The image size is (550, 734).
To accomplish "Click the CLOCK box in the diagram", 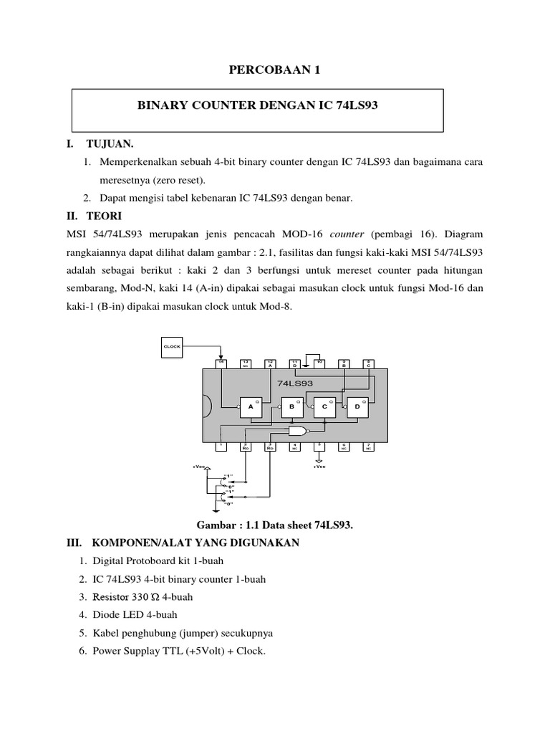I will tap(172, 345).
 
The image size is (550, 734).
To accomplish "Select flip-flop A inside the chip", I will tap(251, 407).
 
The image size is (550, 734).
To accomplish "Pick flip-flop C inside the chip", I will tap(324, 407).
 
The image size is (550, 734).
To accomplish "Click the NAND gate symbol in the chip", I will tap(296, 430).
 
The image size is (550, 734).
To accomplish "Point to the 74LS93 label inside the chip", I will tap(295, 383).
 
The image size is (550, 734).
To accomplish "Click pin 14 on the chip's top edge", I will tap(221, 363).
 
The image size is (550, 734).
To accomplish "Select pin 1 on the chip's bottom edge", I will tap(221, 446).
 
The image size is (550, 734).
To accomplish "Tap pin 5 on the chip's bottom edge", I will tap(319, 446).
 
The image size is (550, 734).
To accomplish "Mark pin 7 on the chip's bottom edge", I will tap(367, 446).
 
